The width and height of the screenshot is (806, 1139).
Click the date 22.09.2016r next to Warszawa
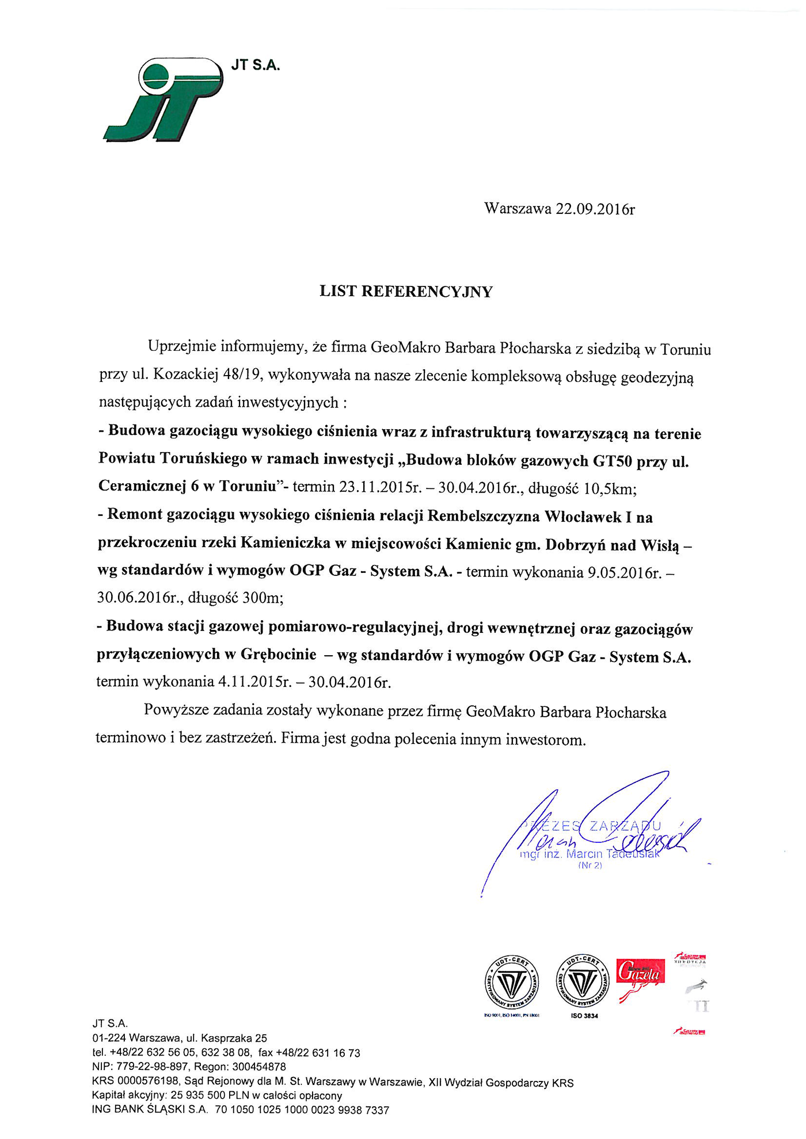tap(595, 209)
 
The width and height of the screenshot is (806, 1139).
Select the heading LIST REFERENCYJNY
tap(406, 292)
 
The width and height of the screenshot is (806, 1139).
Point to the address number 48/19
tap(244, 376)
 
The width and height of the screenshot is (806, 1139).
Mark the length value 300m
tap(263, 598)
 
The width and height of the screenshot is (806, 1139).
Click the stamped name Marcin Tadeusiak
tap(613, 854)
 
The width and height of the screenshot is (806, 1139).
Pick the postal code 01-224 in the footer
tap(109, 1038)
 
